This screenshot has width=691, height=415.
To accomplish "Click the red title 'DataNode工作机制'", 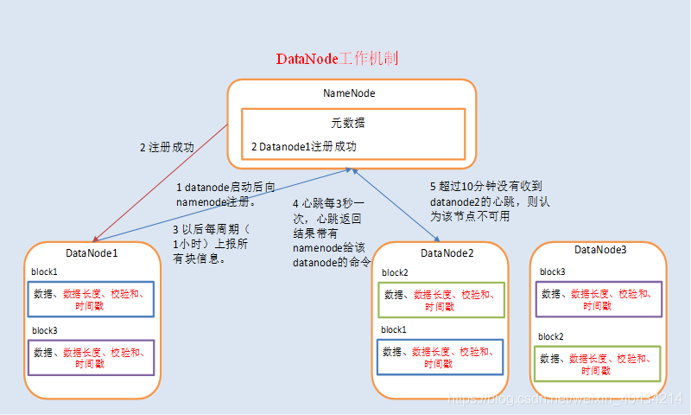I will point(337,59).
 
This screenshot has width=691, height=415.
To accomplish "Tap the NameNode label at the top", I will point(349,93).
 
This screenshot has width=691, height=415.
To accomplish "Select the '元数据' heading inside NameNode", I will point(349,124).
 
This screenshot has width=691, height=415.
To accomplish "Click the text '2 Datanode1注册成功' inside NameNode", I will point(304,147).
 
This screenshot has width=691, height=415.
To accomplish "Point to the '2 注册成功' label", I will point(167,147).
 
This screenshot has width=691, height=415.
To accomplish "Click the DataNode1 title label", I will point(92,252).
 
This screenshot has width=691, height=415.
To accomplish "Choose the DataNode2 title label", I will point(447,252).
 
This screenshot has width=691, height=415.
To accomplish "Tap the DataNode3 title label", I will point(600,250).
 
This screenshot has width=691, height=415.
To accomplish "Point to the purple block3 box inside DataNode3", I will point(599,299).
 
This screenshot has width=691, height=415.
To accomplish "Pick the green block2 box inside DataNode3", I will point(599,364).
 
